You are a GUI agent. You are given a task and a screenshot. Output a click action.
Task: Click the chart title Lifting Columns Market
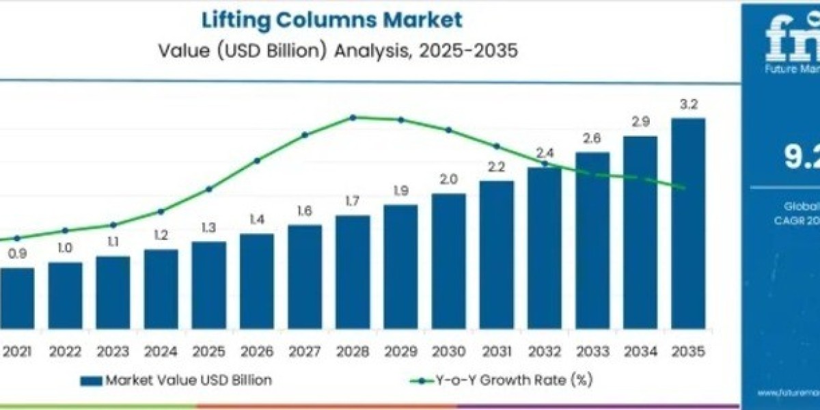click(331, 19)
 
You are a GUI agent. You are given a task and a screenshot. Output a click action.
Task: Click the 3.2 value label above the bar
click(688, 105)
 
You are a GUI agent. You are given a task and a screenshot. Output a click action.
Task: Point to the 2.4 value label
click(545, 152)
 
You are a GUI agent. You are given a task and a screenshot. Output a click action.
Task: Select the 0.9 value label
click(17, 254)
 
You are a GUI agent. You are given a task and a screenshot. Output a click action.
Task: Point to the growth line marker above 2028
click(353, 118)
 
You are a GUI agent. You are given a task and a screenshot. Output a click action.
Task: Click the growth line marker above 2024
click(161, 211)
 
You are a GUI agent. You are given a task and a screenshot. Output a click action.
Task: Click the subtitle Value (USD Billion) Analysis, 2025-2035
click(331, 51)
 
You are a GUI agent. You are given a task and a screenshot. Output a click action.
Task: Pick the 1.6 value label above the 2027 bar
click(305, 211)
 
